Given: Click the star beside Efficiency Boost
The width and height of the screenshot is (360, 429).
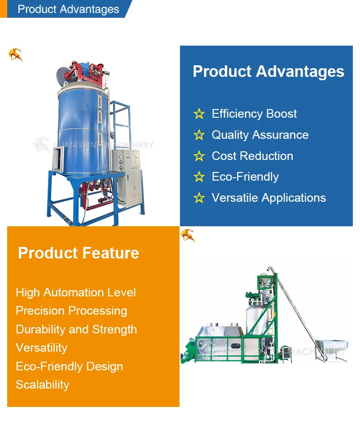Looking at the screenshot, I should pyautogui.click(x=199, y=114).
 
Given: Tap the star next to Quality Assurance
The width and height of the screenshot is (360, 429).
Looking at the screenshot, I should pyautogui.click(x=199, y=135).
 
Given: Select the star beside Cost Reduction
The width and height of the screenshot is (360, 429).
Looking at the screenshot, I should pyautogui.click(x=199, y=156).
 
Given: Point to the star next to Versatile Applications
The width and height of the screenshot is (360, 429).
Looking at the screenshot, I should pyautogui.click(x=199, y=198).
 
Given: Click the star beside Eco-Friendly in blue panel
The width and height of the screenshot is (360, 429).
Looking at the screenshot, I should pyautogui.click(x=199, y=177).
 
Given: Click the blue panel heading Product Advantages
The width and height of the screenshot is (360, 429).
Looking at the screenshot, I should pyautogui.click(x=268, y=72).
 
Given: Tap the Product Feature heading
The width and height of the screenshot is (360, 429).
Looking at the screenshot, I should pyautogui.click(x=79, y=253).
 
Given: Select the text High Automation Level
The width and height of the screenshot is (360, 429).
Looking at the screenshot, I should pyautogui.click(x=76, y=293).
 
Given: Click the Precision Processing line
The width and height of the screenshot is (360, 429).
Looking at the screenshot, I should pyautogui.click(x=72, y=311).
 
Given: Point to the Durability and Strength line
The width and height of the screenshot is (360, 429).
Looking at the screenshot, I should pyautogui.click(x=76, y=330).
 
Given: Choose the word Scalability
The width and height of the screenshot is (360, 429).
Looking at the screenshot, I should pyautogui.click(x=42, y=385).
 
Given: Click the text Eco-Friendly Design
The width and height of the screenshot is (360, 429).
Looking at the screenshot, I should pyautogui.click(x=70, y=367).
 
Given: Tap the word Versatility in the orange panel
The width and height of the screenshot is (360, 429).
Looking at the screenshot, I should pyautogui.click(x=42, y=348).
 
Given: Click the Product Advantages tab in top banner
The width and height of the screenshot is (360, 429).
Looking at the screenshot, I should pyautogui.click(x=68, y=9).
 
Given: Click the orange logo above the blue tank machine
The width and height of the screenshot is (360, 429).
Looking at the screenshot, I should pyautogui.click(x=15, y=55).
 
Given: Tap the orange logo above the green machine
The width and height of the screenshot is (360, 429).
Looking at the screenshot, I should pyautogui.click(x=187, y=235).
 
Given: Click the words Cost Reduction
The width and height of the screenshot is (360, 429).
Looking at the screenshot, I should pyautogui.click(x=252, y=156).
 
